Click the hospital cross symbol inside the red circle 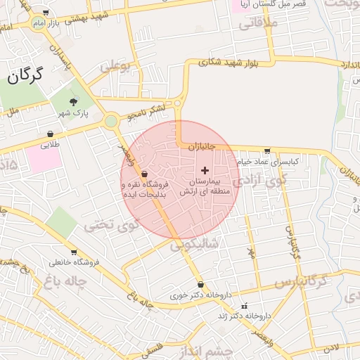(x=205, y=170)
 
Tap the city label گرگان (x=25, y=75)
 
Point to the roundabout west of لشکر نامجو (x=110, y=121)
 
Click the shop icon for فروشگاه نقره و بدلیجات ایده (x=145, y=174)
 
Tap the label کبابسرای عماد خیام (x=267, y=161)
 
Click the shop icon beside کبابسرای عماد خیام (x=267, y=150)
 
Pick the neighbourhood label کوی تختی (x=108, y=225)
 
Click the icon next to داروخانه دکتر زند (x=245, y=306)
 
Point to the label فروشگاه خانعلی (x=75, y=263)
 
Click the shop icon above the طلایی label (x=50, y=134)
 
